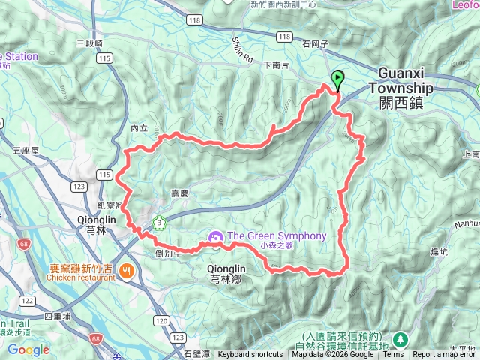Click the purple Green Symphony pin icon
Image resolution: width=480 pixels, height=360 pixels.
click(214, 237)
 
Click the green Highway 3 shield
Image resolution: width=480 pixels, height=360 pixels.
click(159, 222)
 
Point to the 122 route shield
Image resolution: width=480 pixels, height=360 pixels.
click(28, 301)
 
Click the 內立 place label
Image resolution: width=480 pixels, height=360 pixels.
click(139, 128)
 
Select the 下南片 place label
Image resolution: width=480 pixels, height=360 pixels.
click(277, 65)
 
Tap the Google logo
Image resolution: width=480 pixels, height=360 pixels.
click(28, 349)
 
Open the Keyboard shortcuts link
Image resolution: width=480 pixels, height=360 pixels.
click(250, 354)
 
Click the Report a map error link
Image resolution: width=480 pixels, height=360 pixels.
click(445, 354)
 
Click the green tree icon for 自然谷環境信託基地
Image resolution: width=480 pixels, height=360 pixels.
click(398, 340)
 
